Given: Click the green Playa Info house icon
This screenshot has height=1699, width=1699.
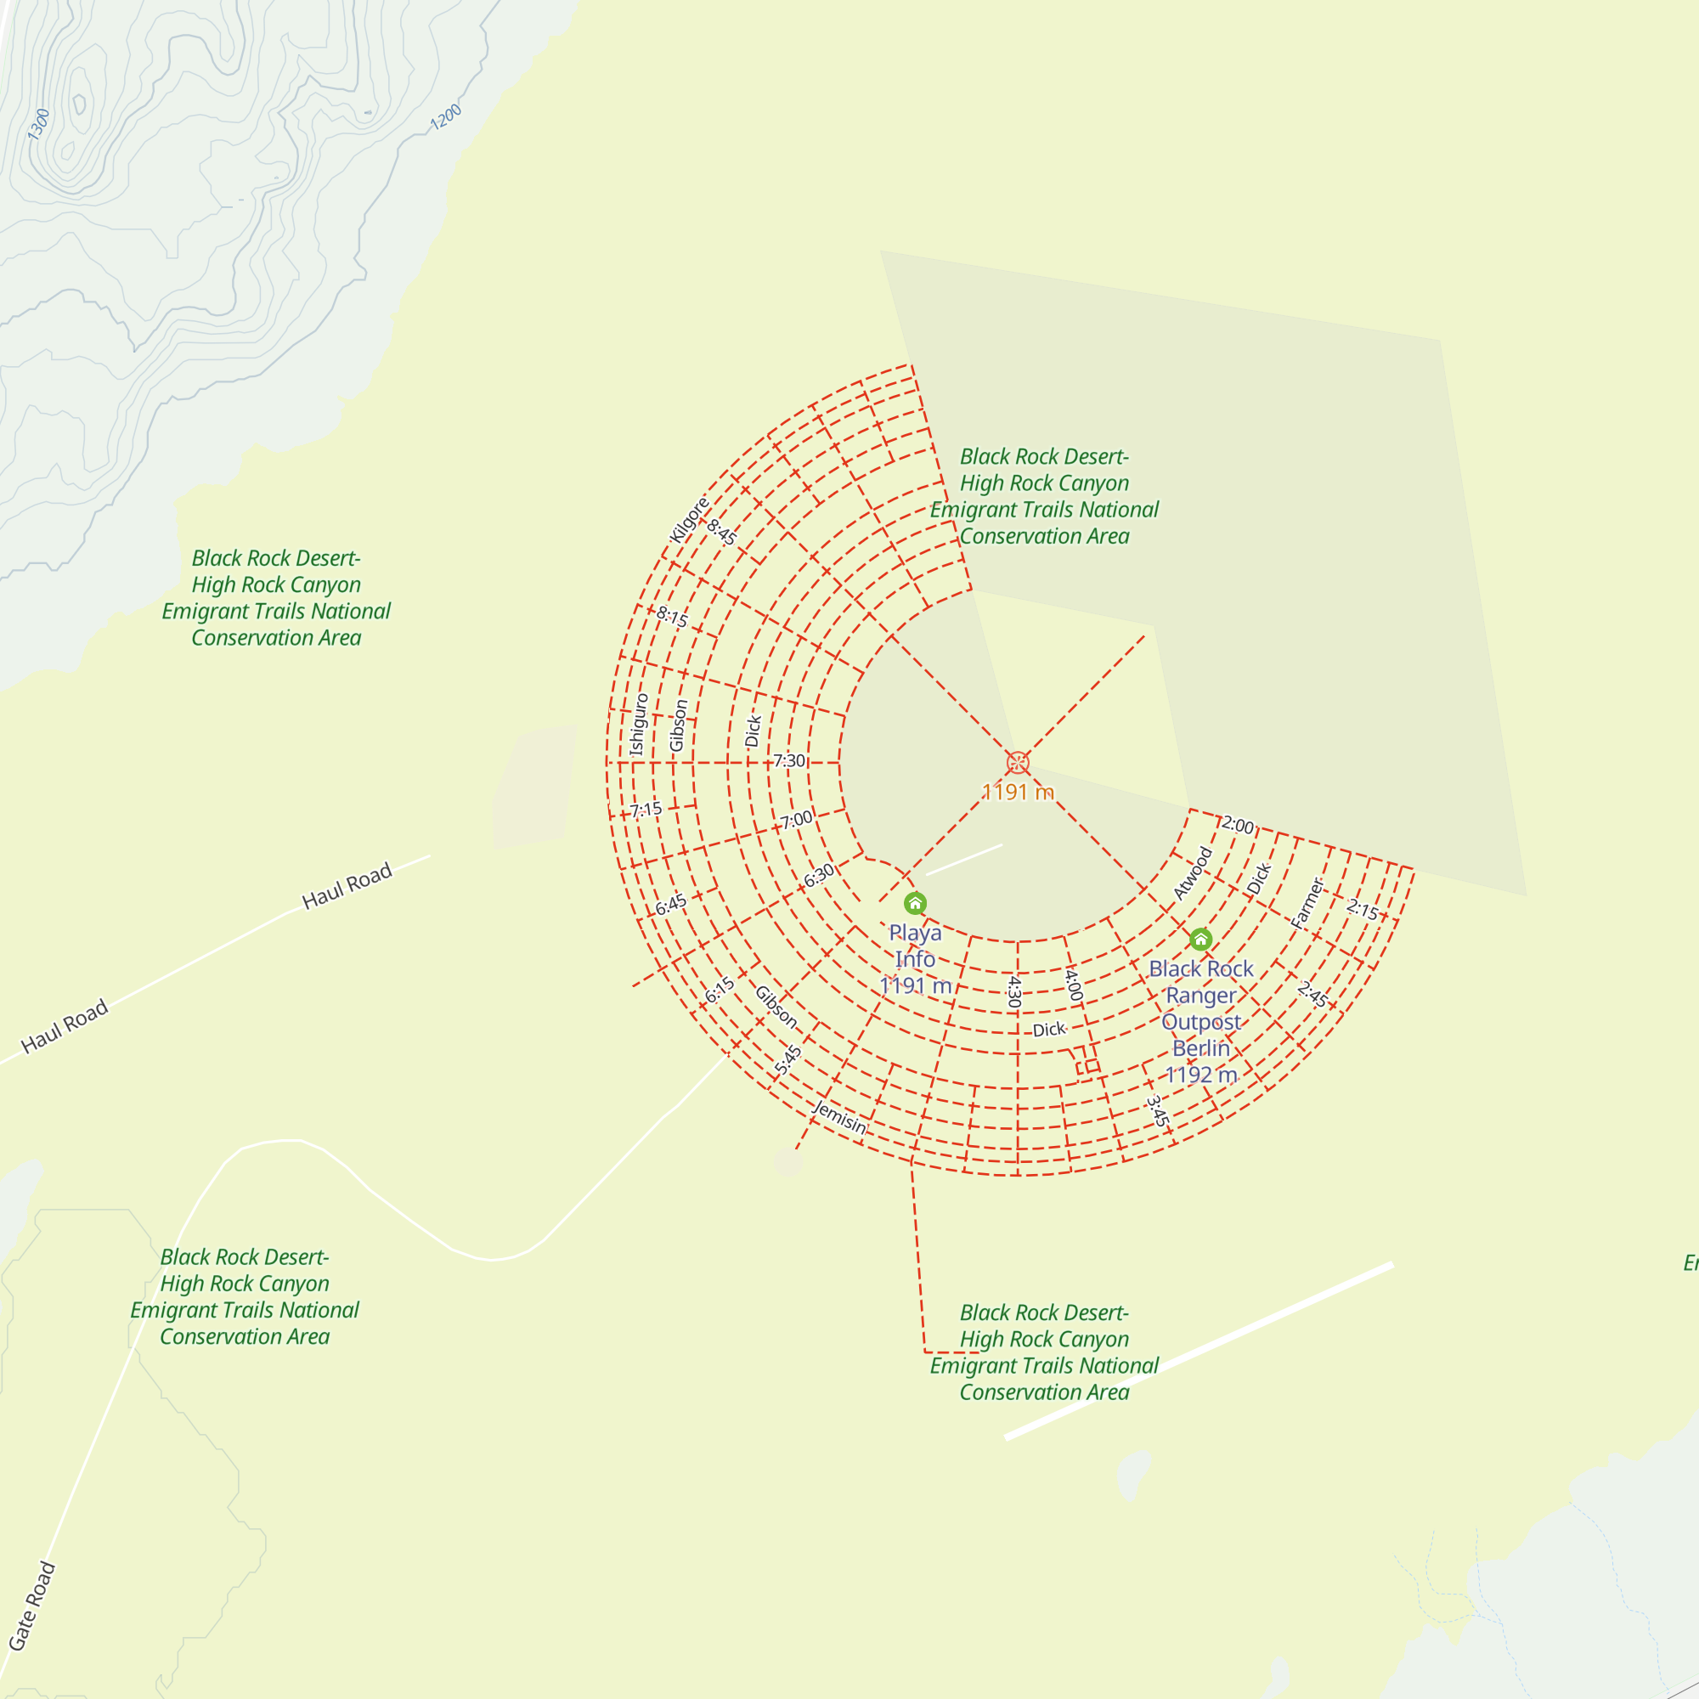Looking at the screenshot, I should (x=915, y=903).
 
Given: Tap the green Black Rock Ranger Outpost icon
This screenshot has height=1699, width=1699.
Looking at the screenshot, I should (x=1200, y=940).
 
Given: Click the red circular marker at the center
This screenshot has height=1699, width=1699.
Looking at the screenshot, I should (x=1018, y=763).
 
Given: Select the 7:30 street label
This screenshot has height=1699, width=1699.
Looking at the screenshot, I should (x=789, y=760).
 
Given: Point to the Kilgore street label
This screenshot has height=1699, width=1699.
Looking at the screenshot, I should (x=689, y=521).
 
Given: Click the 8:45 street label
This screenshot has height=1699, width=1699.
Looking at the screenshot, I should (x=722, y=532).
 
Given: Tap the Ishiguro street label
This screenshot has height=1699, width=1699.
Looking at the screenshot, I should (x=640, y=725).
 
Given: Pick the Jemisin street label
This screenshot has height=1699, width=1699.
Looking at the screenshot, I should (x=840, y=1117).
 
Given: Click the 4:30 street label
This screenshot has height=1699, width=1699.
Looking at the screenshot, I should (x=1014, y=991).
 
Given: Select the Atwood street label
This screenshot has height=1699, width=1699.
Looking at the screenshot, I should (x=1193, y=873).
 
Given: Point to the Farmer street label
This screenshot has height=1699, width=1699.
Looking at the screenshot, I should (x=1307, y=903).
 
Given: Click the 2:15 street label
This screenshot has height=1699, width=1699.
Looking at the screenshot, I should (x=1363, y=909).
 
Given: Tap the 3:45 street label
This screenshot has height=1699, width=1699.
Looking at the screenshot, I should (x=1157, y=1111).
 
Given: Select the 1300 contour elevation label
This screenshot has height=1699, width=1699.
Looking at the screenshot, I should (x=39, y=124).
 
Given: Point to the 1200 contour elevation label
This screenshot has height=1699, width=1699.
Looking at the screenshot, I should (x=446, y=118).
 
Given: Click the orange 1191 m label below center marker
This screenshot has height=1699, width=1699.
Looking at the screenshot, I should (x=1018, y=793).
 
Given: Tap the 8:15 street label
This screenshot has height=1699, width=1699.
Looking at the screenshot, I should (x=672, y=617).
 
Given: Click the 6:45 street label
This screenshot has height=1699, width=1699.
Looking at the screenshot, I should (x=671, y=905).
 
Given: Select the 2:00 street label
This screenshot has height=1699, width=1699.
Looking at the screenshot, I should (x=1238, y=825).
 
